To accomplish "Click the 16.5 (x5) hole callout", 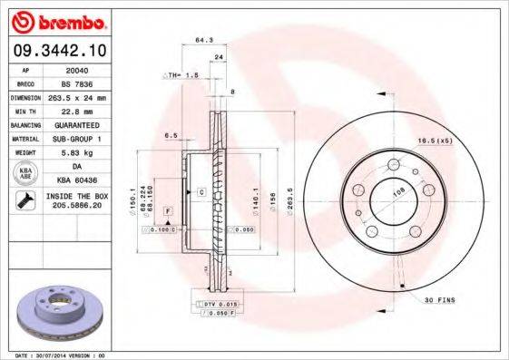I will pyautogui.click(x=435, y=141).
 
